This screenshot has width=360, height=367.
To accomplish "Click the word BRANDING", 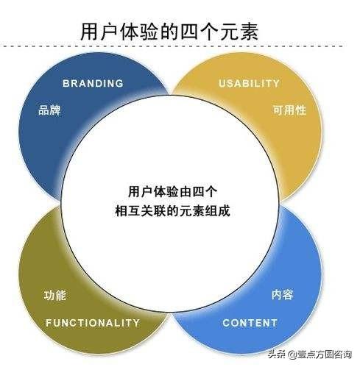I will [x=92, y=83].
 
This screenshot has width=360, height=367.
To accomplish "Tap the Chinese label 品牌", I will [x=49, y=112].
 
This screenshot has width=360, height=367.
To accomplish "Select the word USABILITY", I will [x=249, y=83].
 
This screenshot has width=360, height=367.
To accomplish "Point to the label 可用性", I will [x=289, y=112].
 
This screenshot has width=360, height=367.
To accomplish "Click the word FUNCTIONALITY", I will [x=92, y=322].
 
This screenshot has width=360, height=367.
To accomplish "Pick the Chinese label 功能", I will [x=54, y=296].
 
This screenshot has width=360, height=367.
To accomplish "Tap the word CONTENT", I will [x=250, y=322].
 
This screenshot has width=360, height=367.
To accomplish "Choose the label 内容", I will [x=283, y=296].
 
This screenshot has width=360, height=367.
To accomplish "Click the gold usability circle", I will [x=294, y=140].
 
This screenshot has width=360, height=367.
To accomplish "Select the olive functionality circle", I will [x=44, y=272].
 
